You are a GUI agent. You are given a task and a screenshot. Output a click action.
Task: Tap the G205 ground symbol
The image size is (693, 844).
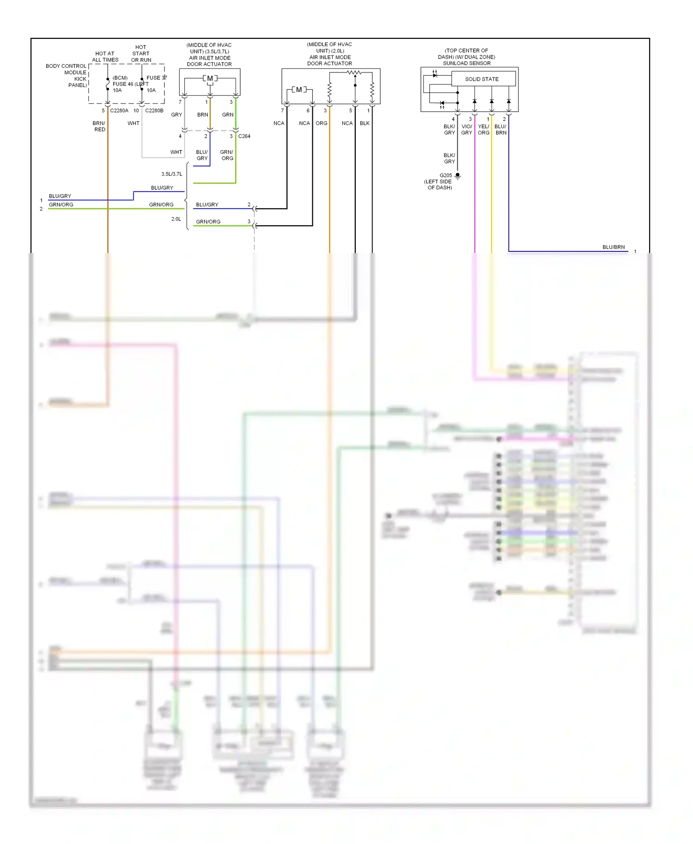point(457,175)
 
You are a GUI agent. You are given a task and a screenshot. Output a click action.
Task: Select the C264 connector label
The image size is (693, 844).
point(244,136)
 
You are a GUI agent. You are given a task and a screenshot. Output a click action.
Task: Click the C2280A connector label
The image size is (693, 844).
point(119,111)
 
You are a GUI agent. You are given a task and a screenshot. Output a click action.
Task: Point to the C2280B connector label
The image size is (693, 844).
point(154,111)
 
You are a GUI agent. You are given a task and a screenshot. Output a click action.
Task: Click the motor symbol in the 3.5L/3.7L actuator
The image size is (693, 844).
point(210,78)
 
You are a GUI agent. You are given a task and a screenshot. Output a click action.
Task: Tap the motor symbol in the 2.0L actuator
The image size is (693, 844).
point(299,90)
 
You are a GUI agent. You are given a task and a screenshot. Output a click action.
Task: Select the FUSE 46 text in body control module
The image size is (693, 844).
point(123,84)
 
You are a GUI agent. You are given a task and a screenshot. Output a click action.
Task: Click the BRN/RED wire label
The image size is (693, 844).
point(99,127)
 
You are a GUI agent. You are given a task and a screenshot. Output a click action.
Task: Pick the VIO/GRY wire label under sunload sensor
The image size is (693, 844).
point(467,129)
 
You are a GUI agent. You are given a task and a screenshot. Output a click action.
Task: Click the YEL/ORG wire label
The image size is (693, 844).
point(484,129)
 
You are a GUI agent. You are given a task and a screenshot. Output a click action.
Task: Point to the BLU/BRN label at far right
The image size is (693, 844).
point(613,247)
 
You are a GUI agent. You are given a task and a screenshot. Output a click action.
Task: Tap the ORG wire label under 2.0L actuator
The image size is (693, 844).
point(322,123)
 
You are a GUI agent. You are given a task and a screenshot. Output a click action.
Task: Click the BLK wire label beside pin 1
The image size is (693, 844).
point(365,123)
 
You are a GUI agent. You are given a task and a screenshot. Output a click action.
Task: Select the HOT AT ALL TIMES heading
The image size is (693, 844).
point(105,57)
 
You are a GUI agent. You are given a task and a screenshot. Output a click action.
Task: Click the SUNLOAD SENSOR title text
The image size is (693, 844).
point(467,63)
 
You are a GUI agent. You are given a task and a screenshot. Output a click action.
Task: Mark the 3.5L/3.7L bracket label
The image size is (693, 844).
point(171,174)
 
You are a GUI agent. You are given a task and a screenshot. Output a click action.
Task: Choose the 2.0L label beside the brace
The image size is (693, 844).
point(176,219)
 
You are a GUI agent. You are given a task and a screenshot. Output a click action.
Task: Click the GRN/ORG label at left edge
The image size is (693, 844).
point(61,205)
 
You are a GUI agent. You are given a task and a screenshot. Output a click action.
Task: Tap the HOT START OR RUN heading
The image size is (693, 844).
point(141,54)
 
